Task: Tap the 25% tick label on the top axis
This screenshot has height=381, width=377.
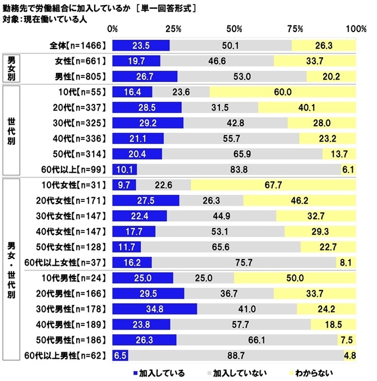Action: [x=174, y=28]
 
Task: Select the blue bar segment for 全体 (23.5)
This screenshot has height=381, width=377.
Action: [x=141, y=45]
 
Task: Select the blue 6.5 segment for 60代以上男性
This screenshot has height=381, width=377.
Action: [x=120, y=356]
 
